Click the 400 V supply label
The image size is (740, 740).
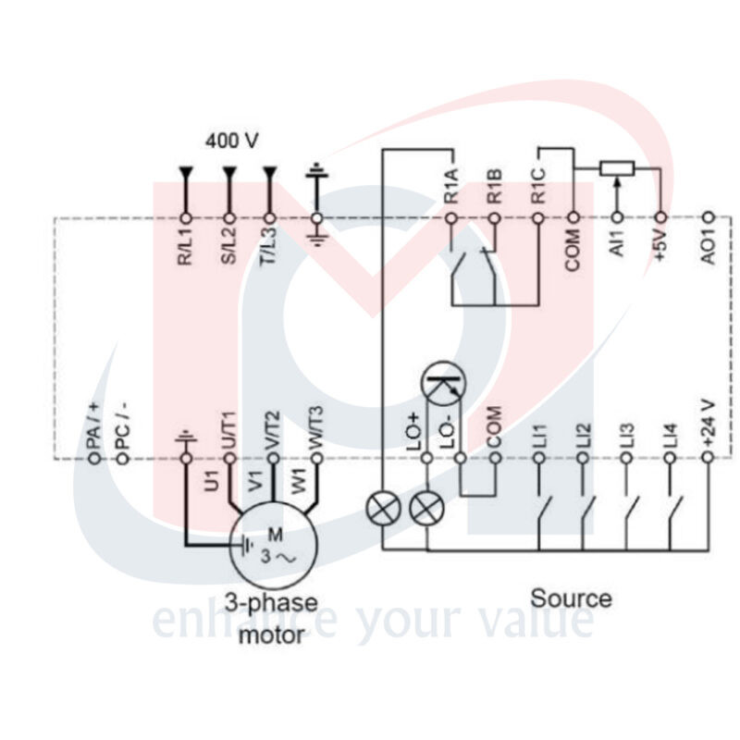[232, 141]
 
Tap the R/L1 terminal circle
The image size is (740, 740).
[187, 218]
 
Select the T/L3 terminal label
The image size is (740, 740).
[269, 245]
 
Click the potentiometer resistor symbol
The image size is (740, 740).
[617, 168]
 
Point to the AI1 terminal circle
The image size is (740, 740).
[617, 217]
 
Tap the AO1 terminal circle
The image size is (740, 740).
[709, 217]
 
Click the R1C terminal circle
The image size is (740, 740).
[538, 218]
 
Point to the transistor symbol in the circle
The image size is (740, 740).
[443, 383]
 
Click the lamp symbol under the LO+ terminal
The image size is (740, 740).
[427, 510]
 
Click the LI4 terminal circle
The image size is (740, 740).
[670, 458]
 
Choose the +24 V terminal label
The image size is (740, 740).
[708, 424]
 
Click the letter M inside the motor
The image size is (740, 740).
[275, 535]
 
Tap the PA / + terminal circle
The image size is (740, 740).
[94, 458]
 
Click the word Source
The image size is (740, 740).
[571, 598]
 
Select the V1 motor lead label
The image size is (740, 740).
[255, 481]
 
